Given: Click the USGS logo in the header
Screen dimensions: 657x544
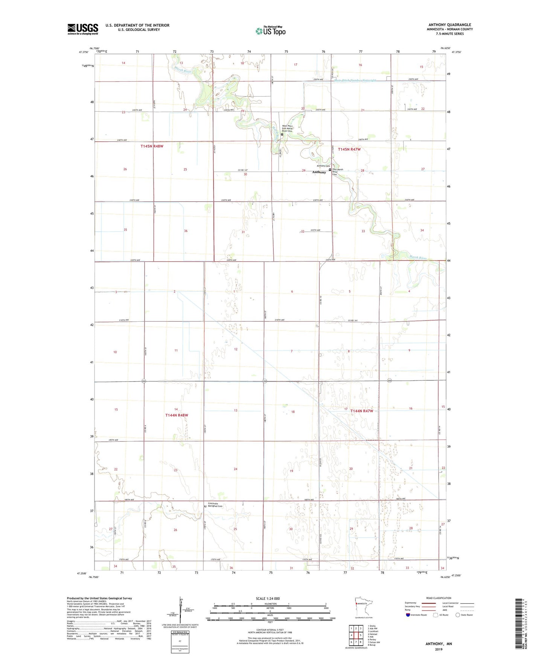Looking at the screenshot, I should point(83,29).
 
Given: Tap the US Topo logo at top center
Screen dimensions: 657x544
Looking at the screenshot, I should point(270,31).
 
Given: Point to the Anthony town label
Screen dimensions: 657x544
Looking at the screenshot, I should point(319,172).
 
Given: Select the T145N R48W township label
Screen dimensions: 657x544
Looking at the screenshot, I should point(152,146).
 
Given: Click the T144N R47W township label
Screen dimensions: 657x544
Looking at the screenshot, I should point(361,411).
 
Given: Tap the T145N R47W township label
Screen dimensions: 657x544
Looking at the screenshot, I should point(349,149).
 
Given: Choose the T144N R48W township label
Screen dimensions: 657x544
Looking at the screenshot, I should point(177,415).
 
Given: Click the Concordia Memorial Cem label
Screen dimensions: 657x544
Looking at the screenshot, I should point(215,505).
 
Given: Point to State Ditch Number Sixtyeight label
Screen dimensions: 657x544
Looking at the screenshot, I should point(355,80).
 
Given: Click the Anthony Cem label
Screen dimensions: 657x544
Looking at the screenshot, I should point(323,166).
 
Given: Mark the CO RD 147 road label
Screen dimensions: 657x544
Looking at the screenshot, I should point(242,170).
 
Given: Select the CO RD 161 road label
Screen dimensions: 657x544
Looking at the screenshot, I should point(352,320).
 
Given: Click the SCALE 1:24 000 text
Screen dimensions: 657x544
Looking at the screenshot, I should point(268,599).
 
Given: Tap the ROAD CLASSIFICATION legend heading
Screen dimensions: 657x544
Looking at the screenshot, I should point(439,598).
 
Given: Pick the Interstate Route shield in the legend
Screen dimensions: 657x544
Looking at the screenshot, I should point(408,615).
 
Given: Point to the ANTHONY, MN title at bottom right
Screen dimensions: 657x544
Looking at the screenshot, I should point(439,644).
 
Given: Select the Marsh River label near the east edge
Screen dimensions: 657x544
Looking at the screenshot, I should point(418,258).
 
